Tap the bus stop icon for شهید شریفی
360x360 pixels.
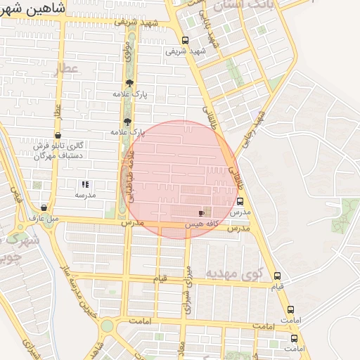pyautogui.click(x=185, y=40)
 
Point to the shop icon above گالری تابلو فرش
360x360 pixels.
pyautogui.click(x=58, y=136)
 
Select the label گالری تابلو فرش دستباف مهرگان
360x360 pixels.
pyautogui.click(x=60, y=150)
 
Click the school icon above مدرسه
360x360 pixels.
pyautogui.click(x=85, y=184)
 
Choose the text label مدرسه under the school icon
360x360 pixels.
pyautogui.click(x=85, y=195)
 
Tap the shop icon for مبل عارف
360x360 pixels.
pyautogui.click(x=44, y=207)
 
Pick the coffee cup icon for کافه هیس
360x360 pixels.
pyautogui.click(x=202, y=212)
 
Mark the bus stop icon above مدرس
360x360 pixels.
pyautogui.click(x=240, y=201)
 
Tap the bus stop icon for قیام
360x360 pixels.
pyautogui.click(x=277, y=276)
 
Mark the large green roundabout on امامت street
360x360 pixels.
pyautogui.click(x=106, y=326)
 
